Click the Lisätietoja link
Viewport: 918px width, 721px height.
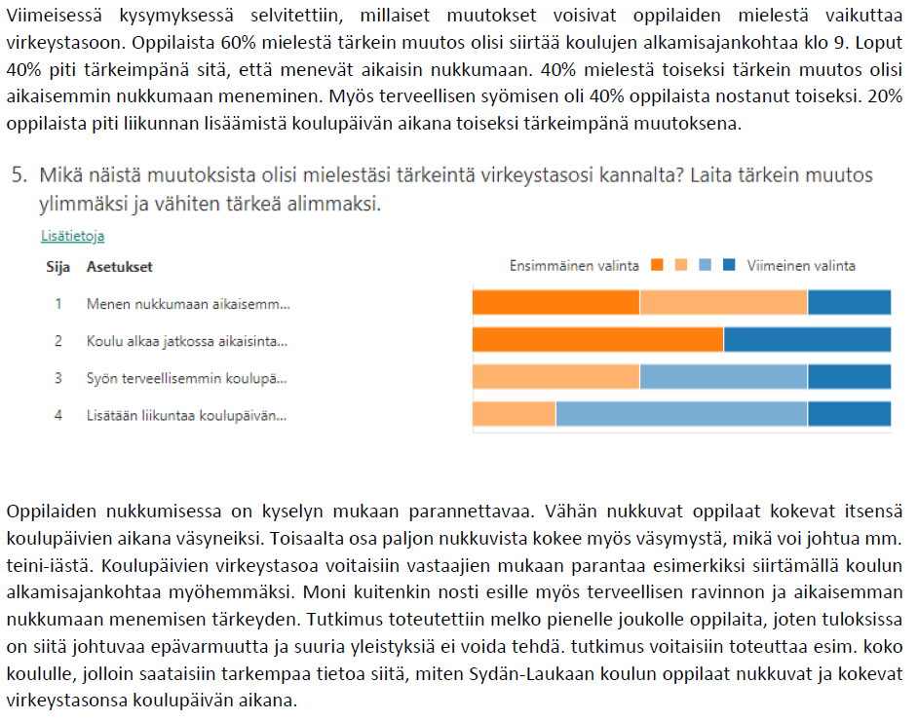73,236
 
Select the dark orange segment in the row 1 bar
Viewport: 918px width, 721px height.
555,303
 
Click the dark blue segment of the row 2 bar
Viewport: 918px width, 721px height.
807,339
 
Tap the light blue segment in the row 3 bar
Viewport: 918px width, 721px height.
723,377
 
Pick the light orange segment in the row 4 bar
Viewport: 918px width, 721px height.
514,414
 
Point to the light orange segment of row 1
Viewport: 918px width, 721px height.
723,303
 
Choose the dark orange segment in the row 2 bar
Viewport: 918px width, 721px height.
597,339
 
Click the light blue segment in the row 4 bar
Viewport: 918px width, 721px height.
681,414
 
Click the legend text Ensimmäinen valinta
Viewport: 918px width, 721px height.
575,266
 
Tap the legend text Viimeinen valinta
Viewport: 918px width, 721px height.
801,266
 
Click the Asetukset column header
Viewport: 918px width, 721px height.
120,267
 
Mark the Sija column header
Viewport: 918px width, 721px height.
58,267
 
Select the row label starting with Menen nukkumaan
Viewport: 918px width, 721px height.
188,304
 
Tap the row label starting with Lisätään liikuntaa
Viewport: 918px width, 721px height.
186,415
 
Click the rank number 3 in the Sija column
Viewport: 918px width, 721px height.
58,378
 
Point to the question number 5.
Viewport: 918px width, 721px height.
18,175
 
